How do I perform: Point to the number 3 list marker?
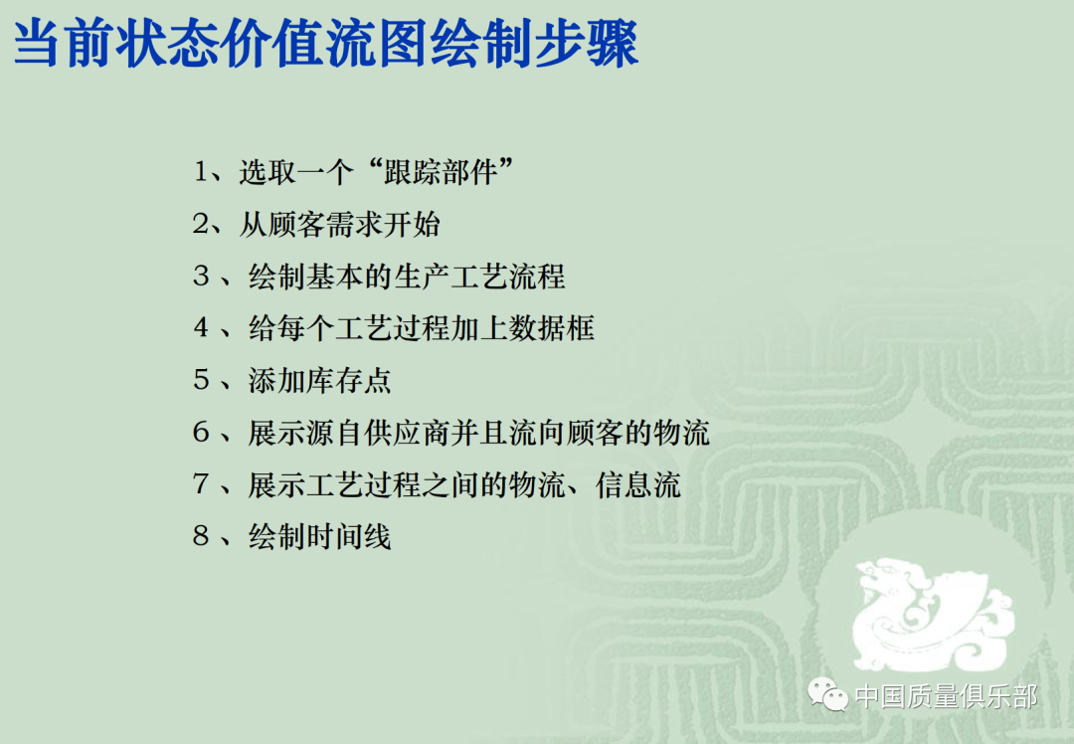(x=202, y=277)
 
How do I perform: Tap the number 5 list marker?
(x=202, y=380)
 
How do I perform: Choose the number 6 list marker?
(x=202, y=433)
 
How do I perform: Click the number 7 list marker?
(x=202, y=485)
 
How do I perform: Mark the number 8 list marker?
(x=202, y=537)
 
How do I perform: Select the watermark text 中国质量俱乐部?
(x=946, y=696)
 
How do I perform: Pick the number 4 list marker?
(x=202, y=328)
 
